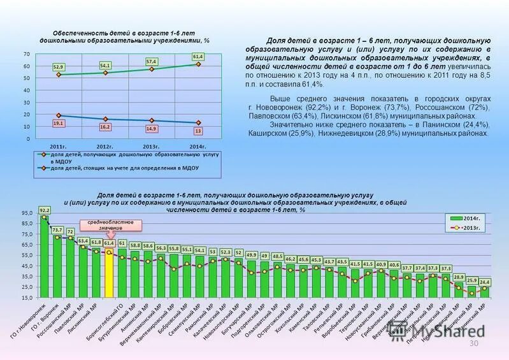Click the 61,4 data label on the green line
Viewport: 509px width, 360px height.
click(198, 57)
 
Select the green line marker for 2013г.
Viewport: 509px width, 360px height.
click(152, 69)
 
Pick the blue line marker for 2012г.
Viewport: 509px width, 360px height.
click(105, 119)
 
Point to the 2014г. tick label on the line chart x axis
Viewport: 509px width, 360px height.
click(198, 146)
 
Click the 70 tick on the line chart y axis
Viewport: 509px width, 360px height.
click(27, 54)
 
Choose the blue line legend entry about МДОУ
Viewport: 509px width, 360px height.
click(124, 168)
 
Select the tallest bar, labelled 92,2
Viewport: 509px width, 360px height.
click(45, 256)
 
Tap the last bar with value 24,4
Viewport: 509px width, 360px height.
click(485, 292)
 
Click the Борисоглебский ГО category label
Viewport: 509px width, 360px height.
click(110, 319)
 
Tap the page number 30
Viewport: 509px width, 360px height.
click(473, 344)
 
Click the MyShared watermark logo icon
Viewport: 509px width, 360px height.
click(399, 331)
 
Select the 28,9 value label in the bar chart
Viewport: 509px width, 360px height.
click(459, 278)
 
